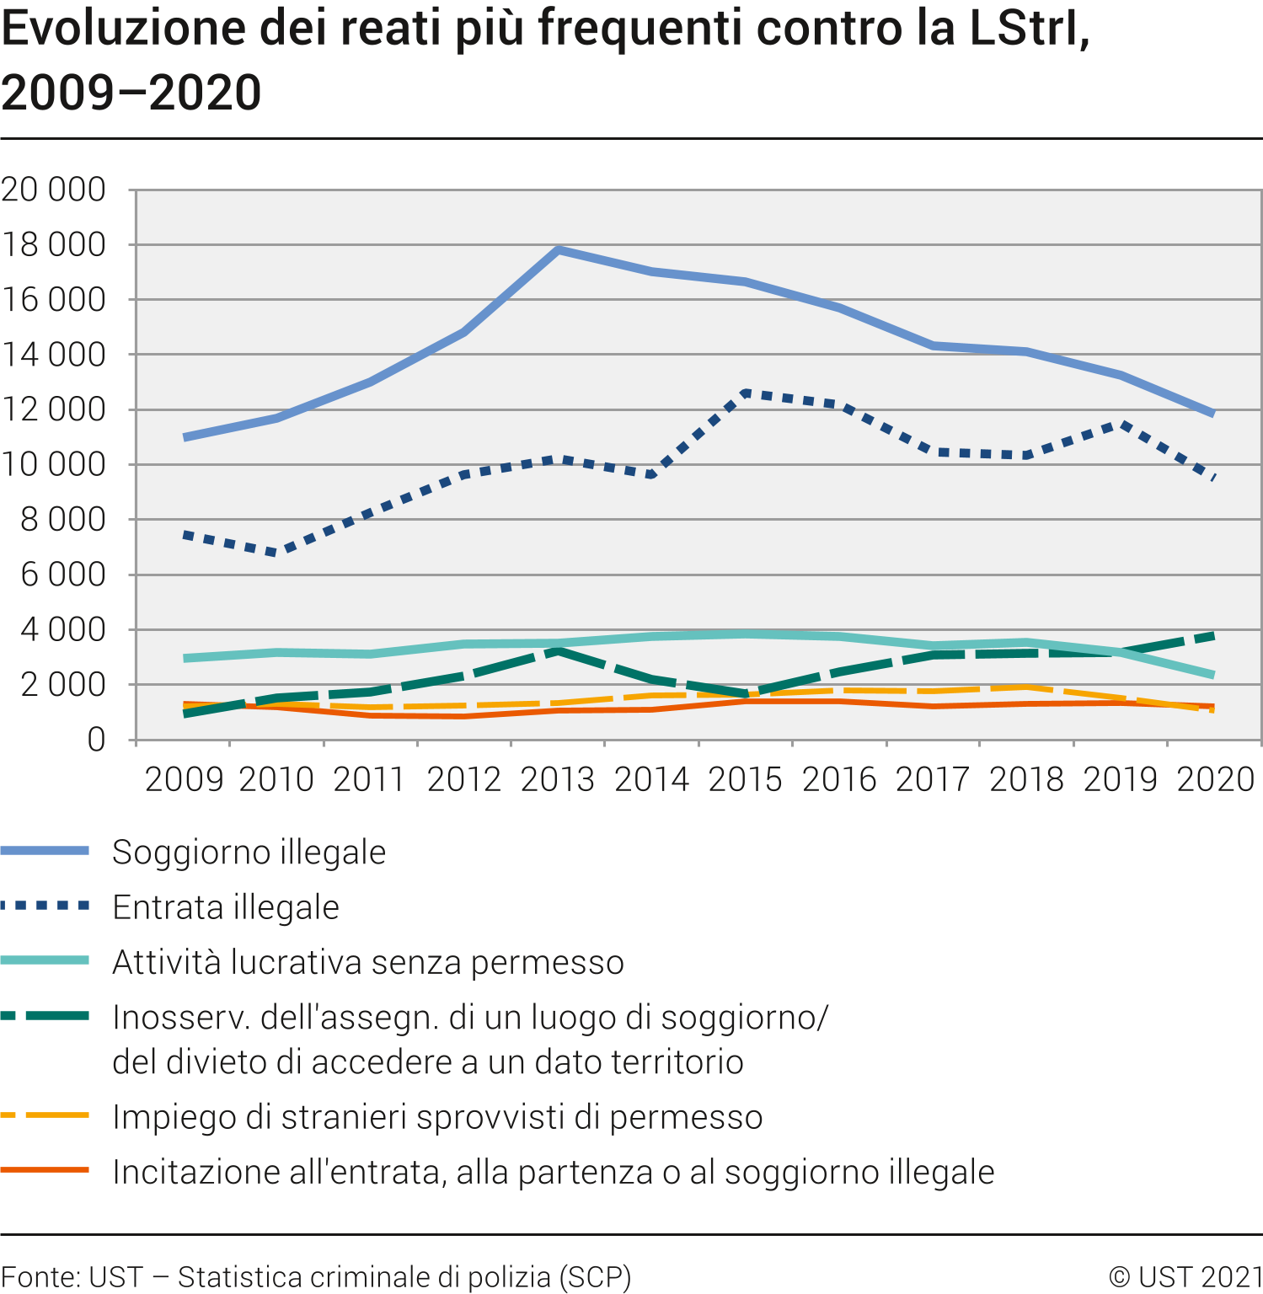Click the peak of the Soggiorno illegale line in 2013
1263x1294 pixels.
(559, 249)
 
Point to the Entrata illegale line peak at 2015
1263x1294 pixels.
(746, 393)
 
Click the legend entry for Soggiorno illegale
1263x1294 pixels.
(249, 852)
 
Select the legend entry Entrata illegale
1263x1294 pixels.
(225, 907)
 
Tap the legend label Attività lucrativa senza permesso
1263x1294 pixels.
(367, 962)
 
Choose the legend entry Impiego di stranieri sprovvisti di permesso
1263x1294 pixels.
(436, 1117)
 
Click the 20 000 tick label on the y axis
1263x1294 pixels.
(54, 190)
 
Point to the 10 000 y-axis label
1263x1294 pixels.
(54, 464)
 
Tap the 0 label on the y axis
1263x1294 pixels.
(96, 740)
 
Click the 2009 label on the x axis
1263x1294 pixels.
(184, 779)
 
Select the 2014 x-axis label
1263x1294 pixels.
(651, 779)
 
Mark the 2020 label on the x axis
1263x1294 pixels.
(1215, 779)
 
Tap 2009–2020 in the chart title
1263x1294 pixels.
(131, 93)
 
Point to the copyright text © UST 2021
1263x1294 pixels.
(1185, 1277)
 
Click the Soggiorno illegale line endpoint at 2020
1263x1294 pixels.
(1213, 414)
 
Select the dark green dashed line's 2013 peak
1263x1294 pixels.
(559, 650)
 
